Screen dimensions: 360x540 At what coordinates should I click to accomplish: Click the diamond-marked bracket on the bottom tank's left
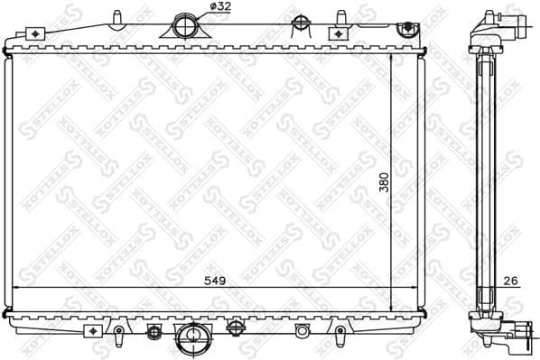pyautogui.click(x=95, y=330)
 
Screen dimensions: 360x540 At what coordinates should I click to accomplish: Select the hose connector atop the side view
pyautogui.click(x=498, y=20)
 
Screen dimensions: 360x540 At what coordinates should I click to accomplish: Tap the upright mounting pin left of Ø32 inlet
pyautogui.click(x=118, y=18)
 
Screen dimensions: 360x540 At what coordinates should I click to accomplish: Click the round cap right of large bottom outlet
pyautogui.click(x=235, y=327)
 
